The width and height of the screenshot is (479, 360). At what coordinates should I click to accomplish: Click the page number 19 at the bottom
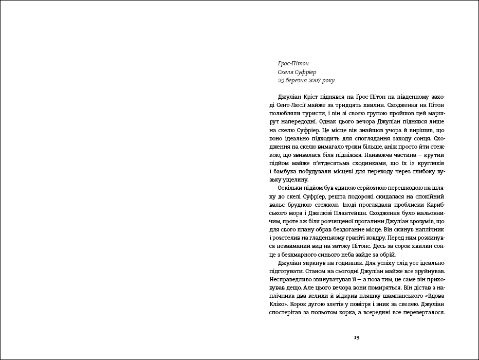pyautogui.click(x=356, y=337)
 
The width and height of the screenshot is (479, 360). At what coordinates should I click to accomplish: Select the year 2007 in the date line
pyautogui.click(x=316, y=81)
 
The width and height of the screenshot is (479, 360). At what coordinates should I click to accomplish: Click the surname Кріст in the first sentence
pyautogui.click(x=315, y=97)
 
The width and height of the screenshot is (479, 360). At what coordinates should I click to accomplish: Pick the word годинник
pyautogui.click(x=342, y=262)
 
